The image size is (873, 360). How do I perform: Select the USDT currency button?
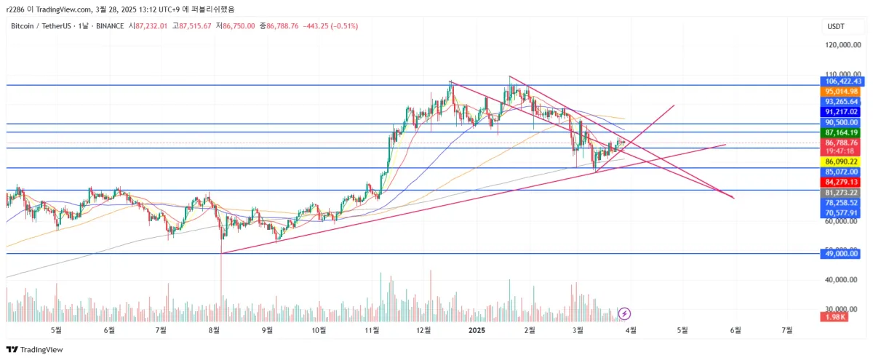click(836, 27)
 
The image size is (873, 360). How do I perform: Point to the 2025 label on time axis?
click(477, 330)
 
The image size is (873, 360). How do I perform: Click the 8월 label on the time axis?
click(215, 330)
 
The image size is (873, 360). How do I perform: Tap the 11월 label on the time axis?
click(372, 330)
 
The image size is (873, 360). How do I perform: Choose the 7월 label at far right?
click(787, 330)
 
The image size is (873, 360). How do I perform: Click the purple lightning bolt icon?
click(624, 313)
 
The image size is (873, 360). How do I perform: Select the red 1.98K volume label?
click(833, 317)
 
